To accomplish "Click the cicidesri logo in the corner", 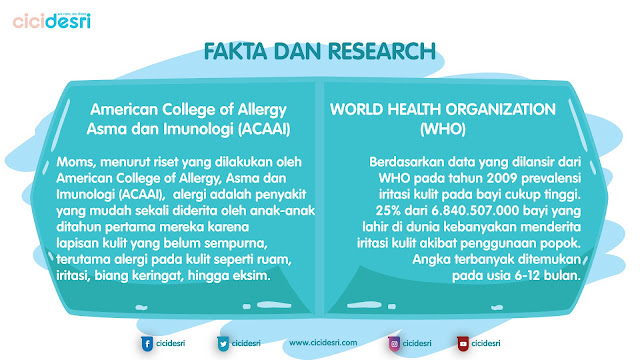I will coord(51,21).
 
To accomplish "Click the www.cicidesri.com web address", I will coord(326,343).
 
